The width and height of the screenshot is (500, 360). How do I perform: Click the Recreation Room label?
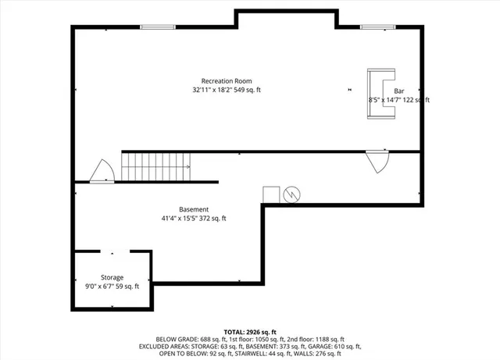(227, 81)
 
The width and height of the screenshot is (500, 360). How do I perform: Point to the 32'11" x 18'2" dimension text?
(227, 91)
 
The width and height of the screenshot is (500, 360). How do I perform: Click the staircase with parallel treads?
(155, 166)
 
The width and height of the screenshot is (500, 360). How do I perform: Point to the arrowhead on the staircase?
(188, 166)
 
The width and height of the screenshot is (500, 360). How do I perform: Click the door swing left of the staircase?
(102, 171)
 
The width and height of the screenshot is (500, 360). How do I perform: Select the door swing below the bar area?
(379, 162)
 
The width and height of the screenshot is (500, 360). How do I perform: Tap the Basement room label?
(194, 209)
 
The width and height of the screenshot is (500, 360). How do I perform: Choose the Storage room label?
(111, 277)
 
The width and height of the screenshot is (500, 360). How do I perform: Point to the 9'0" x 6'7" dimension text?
(111, 287)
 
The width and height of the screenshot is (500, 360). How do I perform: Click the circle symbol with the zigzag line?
(291, 194)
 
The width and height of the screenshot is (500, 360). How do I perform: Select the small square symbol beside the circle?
(271, 194)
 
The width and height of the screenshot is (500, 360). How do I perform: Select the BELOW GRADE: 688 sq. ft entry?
(189, 339)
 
